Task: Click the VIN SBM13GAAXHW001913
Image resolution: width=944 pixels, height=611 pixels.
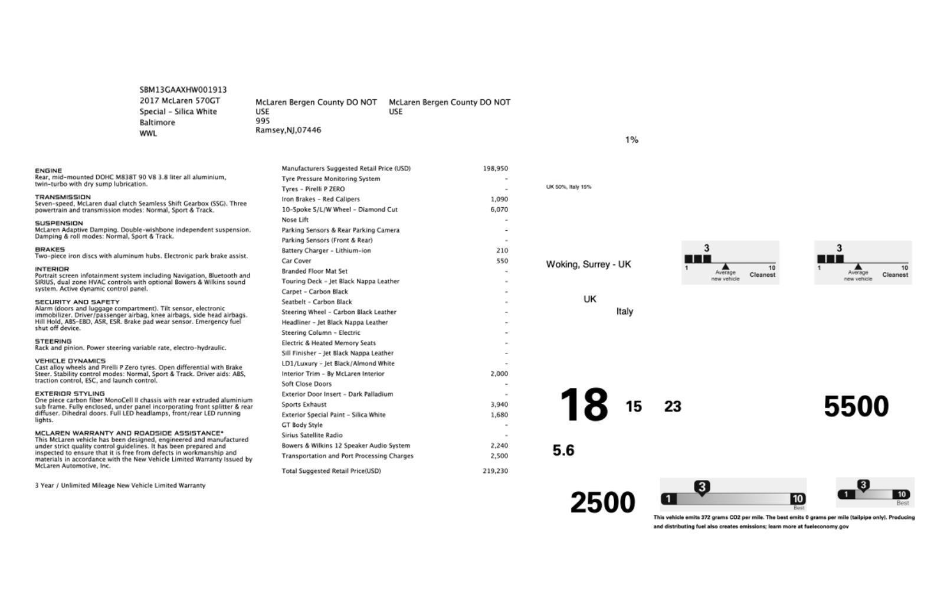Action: [183, 90]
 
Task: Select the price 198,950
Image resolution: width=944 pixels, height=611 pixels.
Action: [495, 168]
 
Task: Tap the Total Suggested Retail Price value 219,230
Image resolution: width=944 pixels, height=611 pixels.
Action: [495, 471]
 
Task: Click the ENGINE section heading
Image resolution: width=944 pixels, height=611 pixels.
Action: [48, 171]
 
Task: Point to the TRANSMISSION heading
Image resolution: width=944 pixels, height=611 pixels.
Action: [63, 197]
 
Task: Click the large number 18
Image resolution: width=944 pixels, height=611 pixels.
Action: [584, 406]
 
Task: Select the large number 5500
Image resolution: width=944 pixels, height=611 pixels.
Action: [855, 407]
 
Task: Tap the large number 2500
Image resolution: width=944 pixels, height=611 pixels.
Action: [602, 503]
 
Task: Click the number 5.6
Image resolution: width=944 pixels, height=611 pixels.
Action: [563, 450]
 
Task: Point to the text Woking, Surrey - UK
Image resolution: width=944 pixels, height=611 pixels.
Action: [588, 264]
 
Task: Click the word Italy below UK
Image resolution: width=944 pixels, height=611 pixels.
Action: [624, 312]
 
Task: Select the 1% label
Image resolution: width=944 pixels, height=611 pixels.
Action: [631, 140]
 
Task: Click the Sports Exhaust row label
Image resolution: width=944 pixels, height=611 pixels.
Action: [304, 404]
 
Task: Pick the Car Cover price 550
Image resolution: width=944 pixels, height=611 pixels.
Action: [502, 261]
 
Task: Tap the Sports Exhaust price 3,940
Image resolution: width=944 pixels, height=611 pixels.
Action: [499, 404]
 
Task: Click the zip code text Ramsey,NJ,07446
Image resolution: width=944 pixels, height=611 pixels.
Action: [288, 130]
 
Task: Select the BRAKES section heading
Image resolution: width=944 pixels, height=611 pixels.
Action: [50, 250]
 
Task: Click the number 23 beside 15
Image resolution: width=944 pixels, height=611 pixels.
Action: [673, 407]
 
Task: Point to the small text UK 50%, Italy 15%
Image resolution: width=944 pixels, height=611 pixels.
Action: [569, 187]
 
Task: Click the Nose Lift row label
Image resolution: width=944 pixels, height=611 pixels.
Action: [295, 220]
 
